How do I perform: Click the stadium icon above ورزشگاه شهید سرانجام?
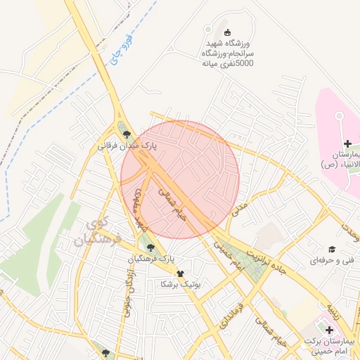pos(226,32)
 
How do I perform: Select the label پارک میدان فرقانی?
pos(127,146)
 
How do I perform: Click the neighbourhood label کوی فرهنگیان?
pos(98,233)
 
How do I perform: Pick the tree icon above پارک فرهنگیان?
pos(150,246)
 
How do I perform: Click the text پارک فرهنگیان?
pos(150,259)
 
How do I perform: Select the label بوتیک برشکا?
pos(181,284)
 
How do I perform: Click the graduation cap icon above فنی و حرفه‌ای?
pos(330,249)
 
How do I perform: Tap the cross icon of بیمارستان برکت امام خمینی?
pos(328,329)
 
